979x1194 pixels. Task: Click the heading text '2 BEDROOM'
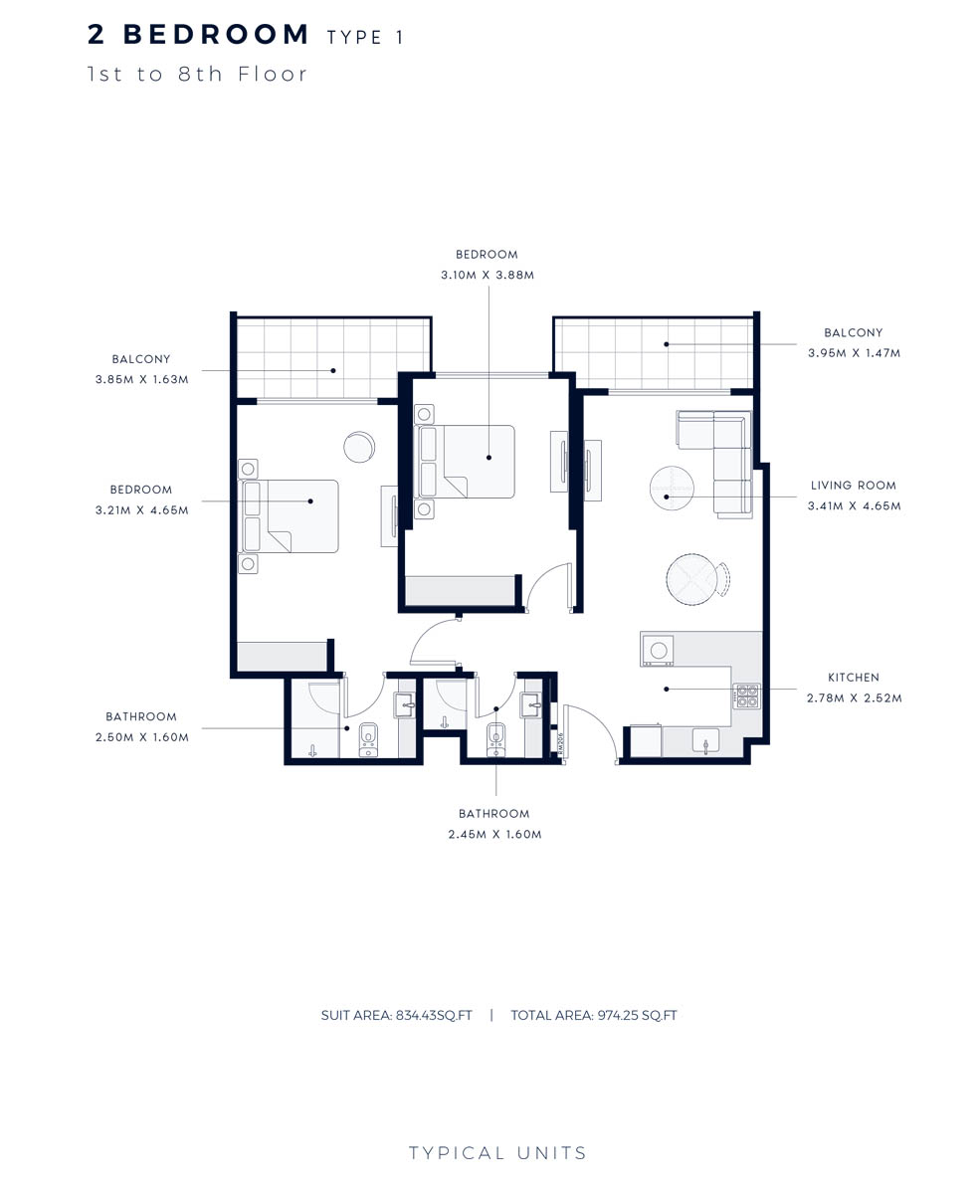[199, 35]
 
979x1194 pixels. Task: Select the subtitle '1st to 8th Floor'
[198, 74]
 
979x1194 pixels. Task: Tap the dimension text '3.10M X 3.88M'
[488, 275]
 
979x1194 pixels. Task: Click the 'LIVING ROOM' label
[853, 486]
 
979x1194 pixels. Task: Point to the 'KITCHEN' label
[853, 678]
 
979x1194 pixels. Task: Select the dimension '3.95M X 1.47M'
[854, 353]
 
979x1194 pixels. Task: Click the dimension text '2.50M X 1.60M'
[141, 737]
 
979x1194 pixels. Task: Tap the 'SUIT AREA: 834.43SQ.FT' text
[396, 1016]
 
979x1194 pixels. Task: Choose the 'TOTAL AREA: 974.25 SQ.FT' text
[593, 1016]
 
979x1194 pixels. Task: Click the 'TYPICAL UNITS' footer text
[497, 1154]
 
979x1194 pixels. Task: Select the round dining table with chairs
[692, 579]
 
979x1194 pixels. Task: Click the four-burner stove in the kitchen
[746, 696]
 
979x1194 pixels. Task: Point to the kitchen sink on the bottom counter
[705, 740]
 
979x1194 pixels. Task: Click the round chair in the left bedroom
[360, 447]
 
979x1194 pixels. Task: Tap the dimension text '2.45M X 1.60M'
[494, 835]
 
